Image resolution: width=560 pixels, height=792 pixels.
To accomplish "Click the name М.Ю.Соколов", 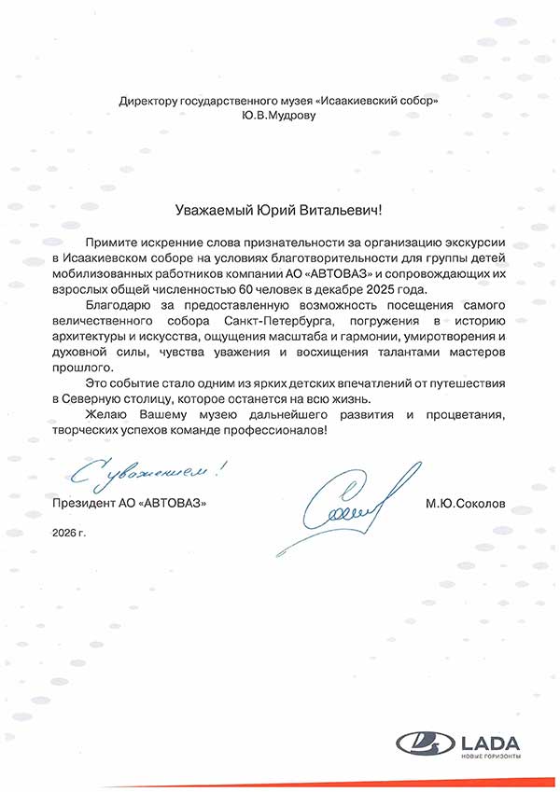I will pyautogui.click(x=467, y=502).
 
